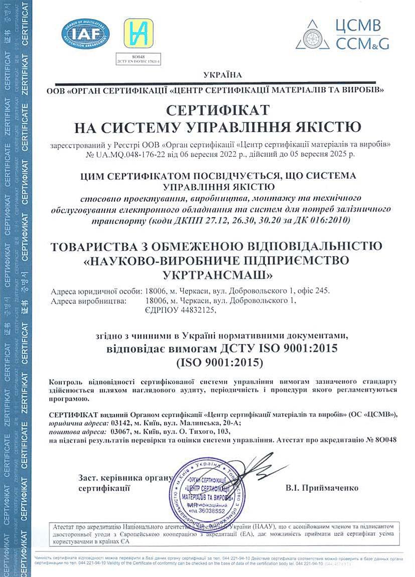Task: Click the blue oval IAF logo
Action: (x=85, y=33)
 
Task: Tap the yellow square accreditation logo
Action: (x=138, y=33)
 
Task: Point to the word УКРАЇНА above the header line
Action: (x=222, y=75)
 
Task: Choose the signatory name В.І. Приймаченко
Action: (x=322, y=488)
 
